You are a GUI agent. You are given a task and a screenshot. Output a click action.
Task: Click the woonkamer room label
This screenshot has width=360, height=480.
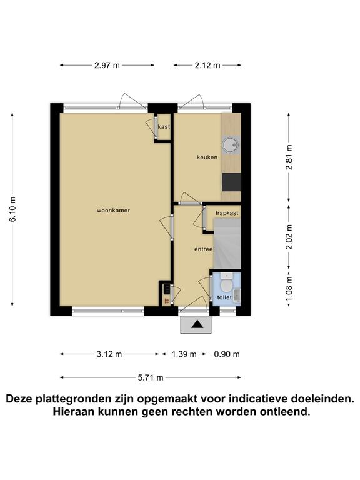coord(113,210)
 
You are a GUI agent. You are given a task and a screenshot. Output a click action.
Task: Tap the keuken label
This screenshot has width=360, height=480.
coord(207,157)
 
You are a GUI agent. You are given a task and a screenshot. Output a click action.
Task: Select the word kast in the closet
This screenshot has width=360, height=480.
coord(164,126)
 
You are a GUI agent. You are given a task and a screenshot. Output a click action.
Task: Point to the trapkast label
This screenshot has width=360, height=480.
coord(227,213)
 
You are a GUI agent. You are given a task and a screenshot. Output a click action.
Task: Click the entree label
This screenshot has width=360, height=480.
coord(204,249)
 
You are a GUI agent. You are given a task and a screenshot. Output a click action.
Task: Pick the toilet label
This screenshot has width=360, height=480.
coord(224,297)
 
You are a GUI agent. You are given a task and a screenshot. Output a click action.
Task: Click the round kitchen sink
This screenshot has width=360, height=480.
coord(231,144)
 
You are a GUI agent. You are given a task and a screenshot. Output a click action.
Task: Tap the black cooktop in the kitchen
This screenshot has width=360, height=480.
coord(231,182)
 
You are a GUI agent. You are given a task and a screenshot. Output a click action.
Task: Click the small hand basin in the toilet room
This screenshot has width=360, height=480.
coord(237,296)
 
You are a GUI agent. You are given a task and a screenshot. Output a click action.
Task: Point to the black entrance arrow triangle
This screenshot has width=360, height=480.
coord(196,324)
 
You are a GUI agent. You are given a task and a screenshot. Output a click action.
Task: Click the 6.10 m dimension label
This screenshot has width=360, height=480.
coord(12,210)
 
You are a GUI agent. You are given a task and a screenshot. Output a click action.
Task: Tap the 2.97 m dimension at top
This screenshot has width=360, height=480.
coord(107,65)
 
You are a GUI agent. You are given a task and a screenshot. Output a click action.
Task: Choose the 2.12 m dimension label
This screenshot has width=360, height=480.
coord(207,65)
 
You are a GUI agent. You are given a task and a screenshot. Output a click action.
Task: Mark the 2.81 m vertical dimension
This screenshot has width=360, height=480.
coord(289,157)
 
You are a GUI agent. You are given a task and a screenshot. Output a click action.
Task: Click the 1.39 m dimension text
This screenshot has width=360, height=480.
coord(184,354)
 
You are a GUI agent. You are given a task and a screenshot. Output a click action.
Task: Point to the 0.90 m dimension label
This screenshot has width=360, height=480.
coord(227,354)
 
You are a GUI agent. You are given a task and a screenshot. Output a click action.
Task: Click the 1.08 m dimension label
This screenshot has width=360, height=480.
coord(289,288)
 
